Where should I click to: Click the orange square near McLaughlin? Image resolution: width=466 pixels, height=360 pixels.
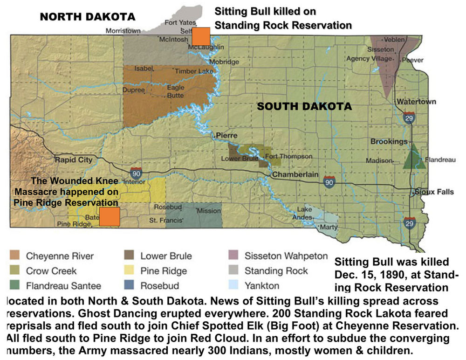[201, 36]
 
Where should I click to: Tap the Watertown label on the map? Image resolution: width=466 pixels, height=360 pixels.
[416, 102]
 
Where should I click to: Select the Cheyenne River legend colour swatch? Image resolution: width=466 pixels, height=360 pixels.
[15, 256]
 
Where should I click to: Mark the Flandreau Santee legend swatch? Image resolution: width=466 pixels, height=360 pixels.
[15, 285]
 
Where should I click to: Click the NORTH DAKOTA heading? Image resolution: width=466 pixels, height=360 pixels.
[87, 17]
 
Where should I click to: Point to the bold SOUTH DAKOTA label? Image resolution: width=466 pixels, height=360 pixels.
[304, 107]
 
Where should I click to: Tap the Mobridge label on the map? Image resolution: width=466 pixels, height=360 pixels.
[224, 62]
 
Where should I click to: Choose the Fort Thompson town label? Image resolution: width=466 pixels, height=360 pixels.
[282, 157]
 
